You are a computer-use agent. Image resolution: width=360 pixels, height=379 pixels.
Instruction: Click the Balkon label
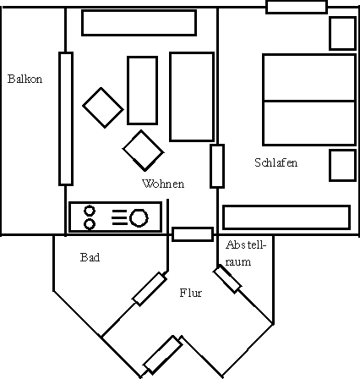point(25,79)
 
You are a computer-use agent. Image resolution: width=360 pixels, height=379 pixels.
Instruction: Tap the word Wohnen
point(163,184)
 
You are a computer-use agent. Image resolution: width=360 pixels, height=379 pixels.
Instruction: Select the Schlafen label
point(275,162)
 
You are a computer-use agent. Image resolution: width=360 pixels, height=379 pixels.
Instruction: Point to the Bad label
point(90,257)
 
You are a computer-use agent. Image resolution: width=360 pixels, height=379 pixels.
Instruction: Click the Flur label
point(191,293)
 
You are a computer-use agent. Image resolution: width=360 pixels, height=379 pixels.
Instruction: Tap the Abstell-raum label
point(246,253)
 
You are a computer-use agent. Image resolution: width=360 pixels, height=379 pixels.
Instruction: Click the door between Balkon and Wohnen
point(66,118)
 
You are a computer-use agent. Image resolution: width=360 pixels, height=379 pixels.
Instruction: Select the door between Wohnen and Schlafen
point(217,166)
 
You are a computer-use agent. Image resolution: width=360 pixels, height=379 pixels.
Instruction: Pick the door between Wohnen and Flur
point(193,234)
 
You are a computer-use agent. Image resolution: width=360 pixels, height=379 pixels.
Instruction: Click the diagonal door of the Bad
point(150,289)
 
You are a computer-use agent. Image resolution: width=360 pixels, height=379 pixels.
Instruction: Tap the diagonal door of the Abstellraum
point(227,279)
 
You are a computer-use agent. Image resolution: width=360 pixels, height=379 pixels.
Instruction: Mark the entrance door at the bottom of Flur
point(162,354)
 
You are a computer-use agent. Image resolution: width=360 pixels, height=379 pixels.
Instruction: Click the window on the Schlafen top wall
point(297,7)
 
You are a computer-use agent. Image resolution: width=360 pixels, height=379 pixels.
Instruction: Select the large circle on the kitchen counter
point(139,217)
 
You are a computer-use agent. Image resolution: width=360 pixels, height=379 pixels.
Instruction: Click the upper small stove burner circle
point(90,211)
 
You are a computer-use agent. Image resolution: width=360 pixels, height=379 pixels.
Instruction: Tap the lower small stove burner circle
point(90,224)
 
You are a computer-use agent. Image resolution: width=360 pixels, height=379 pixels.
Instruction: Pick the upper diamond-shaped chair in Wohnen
point(103,107)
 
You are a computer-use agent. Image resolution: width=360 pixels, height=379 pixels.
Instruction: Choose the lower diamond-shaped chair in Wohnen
point(143,151)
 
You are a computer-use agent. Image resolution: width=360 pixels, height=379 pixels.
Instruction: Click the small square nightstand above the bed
point(342,34)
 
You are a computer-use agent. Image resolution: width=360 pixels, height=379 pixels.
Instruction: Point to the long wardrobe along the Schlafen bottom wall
point(286,217)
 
